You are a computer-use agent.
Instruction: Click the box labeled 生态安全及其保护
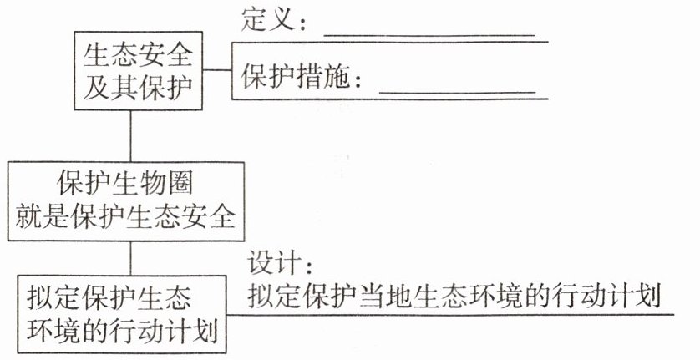(138, 70)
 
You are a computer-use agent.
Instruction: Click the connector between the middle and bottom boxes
(130, 256)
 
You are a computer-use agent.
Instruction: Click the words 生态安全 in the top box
(138, 56)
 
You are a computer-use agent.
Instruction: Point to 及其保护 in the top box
(138, 85)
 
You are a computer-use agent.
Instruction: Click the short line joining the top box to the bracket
(217, 70)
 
